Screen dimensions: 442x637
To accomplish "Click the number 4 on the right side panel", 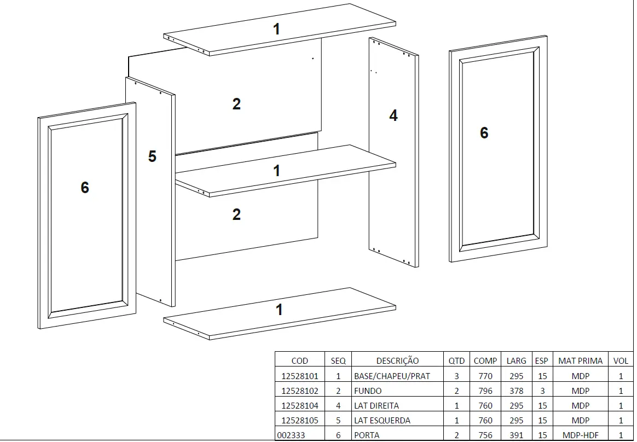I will point(393,115).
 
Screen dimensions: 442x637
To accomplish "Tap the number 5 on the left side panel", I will point(152,156).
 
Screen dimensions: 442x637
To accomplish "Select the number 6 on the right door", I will point(484,133).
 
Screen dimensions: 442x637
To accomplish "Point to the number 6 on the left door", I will point(85,188).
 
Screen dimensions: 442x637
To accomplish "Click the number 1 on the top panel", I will point(277,29).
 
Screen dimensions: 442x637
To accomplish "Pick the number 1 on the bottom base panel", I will point(279,310).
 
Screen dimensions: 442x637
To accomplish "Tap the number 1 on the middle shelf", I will point(277,171).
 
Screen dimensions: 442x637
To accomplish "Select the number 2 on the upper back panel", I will point(236,104).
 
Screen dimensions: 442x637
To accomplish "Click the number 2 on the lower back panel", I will point(236,214).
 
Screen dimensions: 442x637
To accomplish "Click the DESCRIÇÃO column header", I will point(397,361).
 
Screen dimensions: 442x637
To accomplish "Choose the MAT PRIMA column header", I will point(580,361).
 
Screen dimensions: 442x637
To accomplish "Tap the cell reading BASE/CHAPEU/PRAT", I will point(392,376).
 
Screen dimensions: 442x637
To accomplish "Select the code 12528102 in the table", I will point(299,391).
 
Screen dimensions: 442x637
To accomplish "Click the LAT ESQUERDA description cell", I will point(382,421).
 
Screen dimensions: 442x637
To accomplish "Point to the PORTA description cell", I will point(367,435).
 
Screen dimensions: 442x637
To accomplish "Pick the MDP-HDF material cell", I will point(580,435).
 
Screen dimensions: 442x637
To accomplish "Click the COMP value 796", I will point(485,391).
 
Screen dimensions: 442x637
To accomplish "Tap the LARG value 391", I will point(516,435).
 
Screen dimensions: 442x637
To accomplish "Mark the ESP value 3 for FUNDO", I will point(542,391).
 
